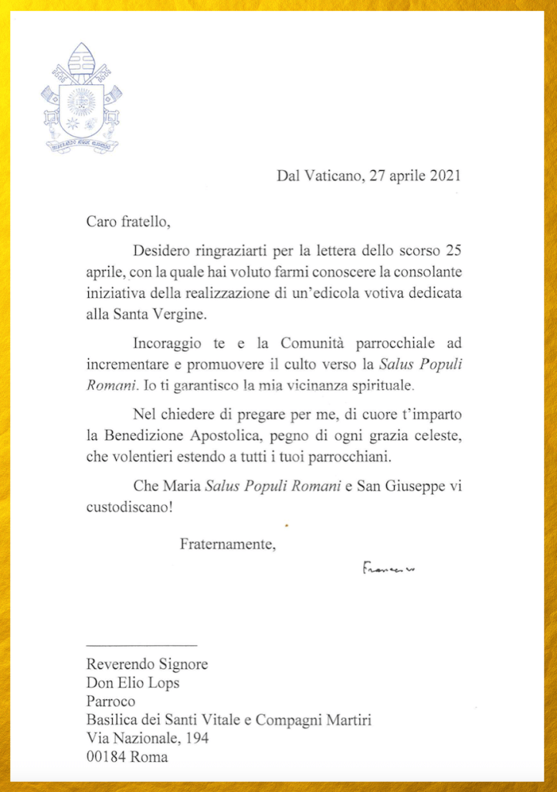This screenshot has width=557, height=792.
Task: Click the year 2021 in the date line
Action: tap(444, 176)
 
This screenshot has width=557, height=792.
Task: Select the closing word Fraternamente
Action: tap(226, 544)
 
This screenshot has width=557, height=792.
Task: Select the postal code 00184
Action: tap(106, 757)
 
